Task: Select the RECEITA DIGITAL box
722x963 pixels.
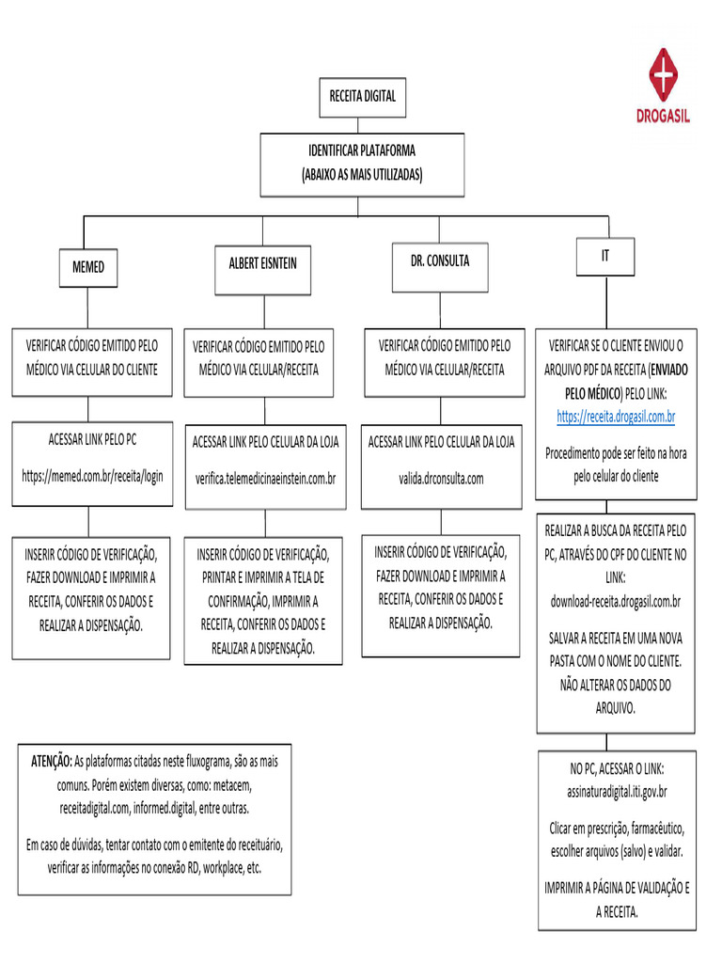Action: [x=362, y=96]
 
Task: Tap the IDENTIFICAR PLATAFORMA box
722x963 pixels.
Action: [x=362, y=165]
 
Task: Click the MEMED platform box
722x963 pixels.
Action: [x=88, y=268]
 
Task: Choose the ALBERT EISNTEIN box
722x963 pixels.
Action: [x=262, y=263]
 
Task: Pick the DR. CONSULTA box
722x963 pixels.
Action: [x=439, y=260]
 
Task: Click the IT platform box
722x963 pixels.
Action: [x=605, y=256]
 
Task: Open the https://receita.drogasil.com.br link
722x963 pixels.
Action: [x=617, y=416]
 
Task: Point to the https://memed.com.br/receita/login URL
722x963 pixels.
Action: [x=92, y=476]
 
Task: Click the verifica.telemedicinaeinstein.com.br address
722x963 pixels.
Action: [x=265, y=479]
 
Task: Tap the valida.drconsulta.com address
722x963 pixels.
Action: [x=441, y=479]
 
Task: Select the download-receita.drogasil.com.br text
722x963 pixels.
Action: [x=616, y=601]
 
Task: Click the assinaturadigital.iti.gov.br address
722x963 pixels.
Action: [x=616, y=792]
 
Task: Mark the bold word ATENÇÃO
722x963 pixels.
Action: [x=52, y=760]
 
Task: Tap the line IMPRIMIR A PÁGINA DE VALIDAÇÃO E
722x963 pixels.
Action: [x=617, y=888]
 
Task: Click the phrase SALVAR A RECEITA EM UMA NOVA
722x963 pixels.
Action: [x=616, y=638]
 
